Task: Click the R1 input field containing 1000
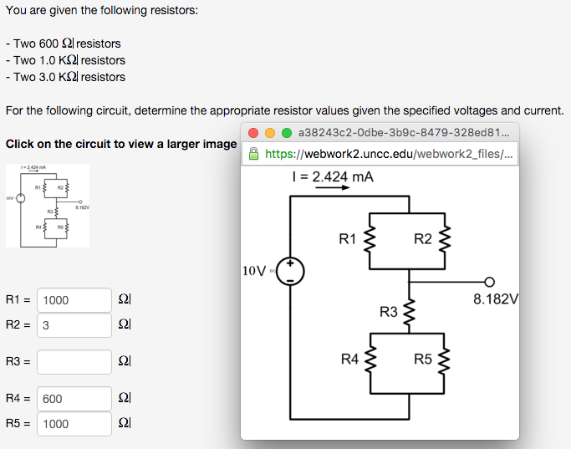[x=74, y=300]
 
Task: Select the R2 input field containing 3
[x=74, y=325]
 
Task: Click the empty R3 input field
[x=74, y=362]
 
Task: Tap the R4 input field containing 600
[x=74, y=400]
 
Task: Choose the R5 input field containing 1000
[x=74, y=424]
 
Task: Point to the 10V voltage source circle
[x=290, y=271]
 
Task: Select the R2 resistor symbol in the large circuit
[x=445, y=240]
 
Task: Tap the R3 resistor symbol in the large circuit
[x=408, y=312]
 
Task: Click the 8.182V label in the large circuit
[x=496, y=298]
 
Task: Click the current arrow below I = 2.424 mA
[x=332, y=187]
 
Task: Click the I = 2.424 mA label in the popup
[x=332, y=176]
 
